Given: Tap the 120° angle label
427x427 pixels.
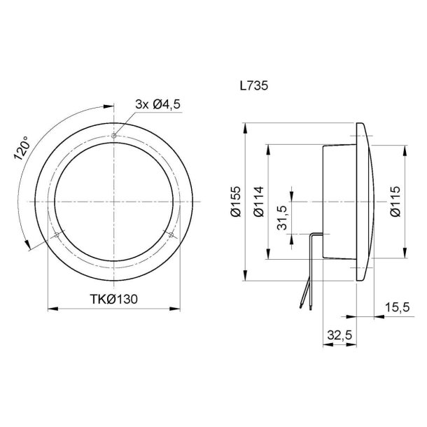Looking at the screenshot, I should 23,148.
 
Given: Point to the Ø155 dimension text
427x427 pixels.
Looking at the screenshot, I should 236,202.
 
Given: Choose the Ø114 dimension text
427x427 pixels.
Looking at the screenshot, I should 259,202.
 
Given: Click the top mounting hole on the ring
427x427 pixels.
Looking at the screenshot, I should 113,135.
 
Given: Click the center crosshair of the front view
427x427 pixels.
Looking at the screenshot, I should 113,202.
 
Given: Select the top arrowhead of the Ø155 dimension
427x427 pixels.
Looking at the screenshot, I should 245,125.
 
